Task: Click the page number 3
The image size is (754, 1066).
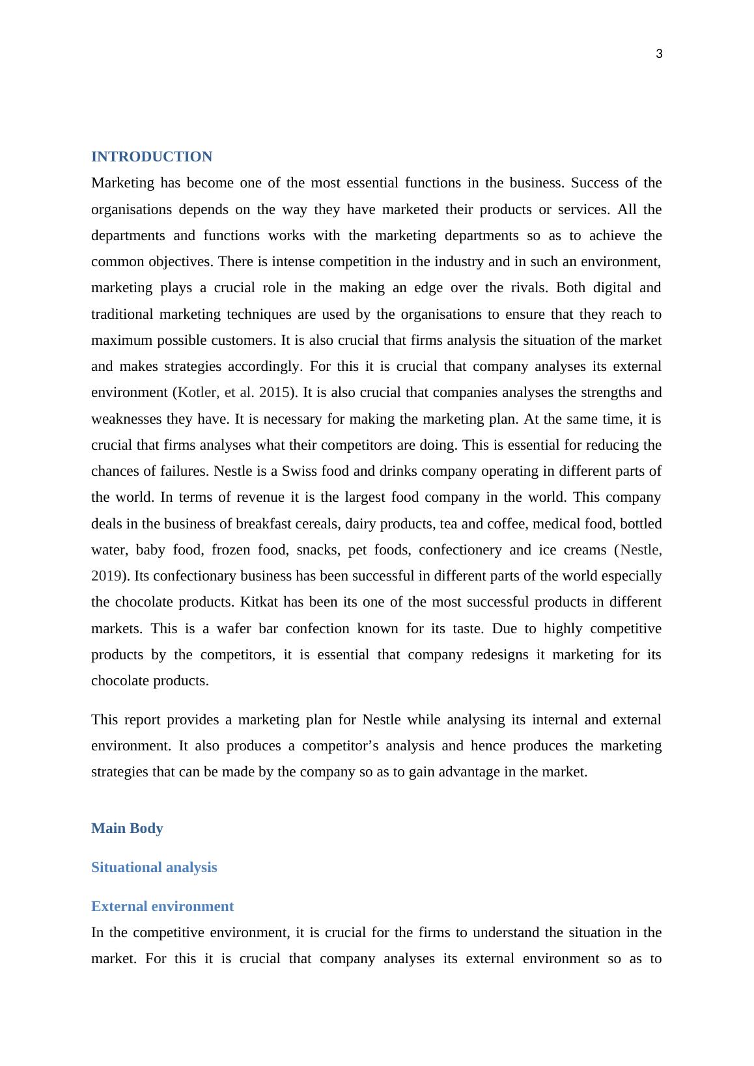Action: [x=659, y=55]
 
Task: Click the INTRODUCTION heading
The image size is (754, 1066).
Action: [x=152, y=157]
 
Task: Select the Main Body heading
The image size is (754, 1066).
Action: [x=127, y=828]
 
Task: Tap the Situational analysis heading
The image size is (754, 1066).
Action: [x=154, y=868]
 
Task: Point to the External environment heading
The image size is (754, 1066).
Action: [x=162, y=907]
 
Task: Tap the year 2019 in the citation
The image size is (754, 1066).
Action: [x=105, y=576]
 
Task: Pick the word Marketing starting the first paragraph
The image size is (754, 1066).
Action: [x=123, y=183]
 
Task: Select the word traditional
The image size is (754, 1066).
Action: [x=121, y=314]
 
